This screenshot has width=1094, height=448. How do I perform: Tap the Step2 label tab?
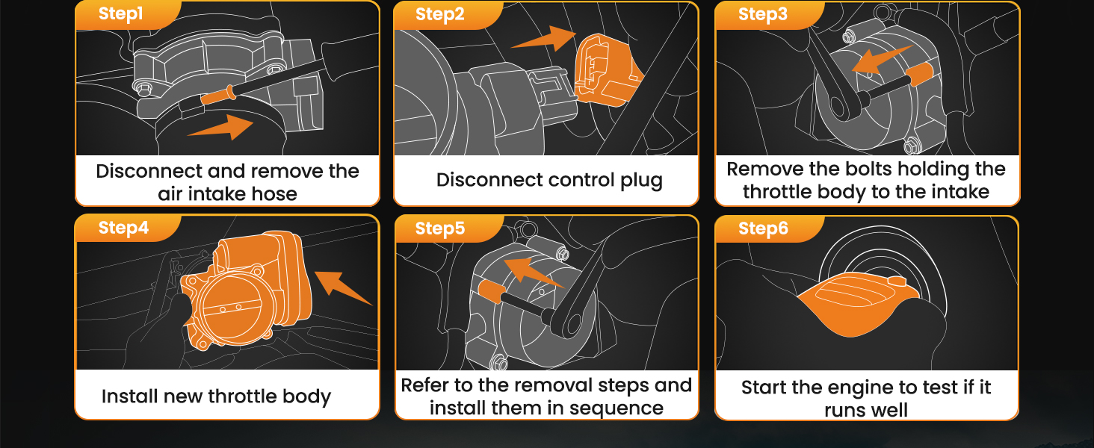pyautogui.click(x=439, y=15)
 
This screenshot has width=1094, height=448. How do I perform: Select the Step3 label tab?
pyautogui.click(x=762, y=15)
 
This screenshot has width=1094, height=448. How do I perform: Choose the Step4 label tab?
pyautogui.click(x=123, y=228)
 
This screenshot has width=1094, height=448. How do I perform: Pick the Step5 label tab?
pyautogui.click(x=439, y=229)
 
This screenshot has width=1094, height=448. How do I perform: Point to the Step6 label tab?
pyautogui.click(x=763, y=228)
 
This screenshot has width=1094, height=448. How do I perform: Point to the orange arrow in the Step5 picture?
pyautogui.click(x=531, y=273)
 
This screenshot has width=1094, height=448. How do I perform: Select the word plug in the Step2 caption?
pyautogui.click(x=641, y=180)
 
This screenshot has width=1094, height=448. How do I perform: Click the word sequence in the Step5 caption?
pyautogui.click(x=619, y=408)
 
